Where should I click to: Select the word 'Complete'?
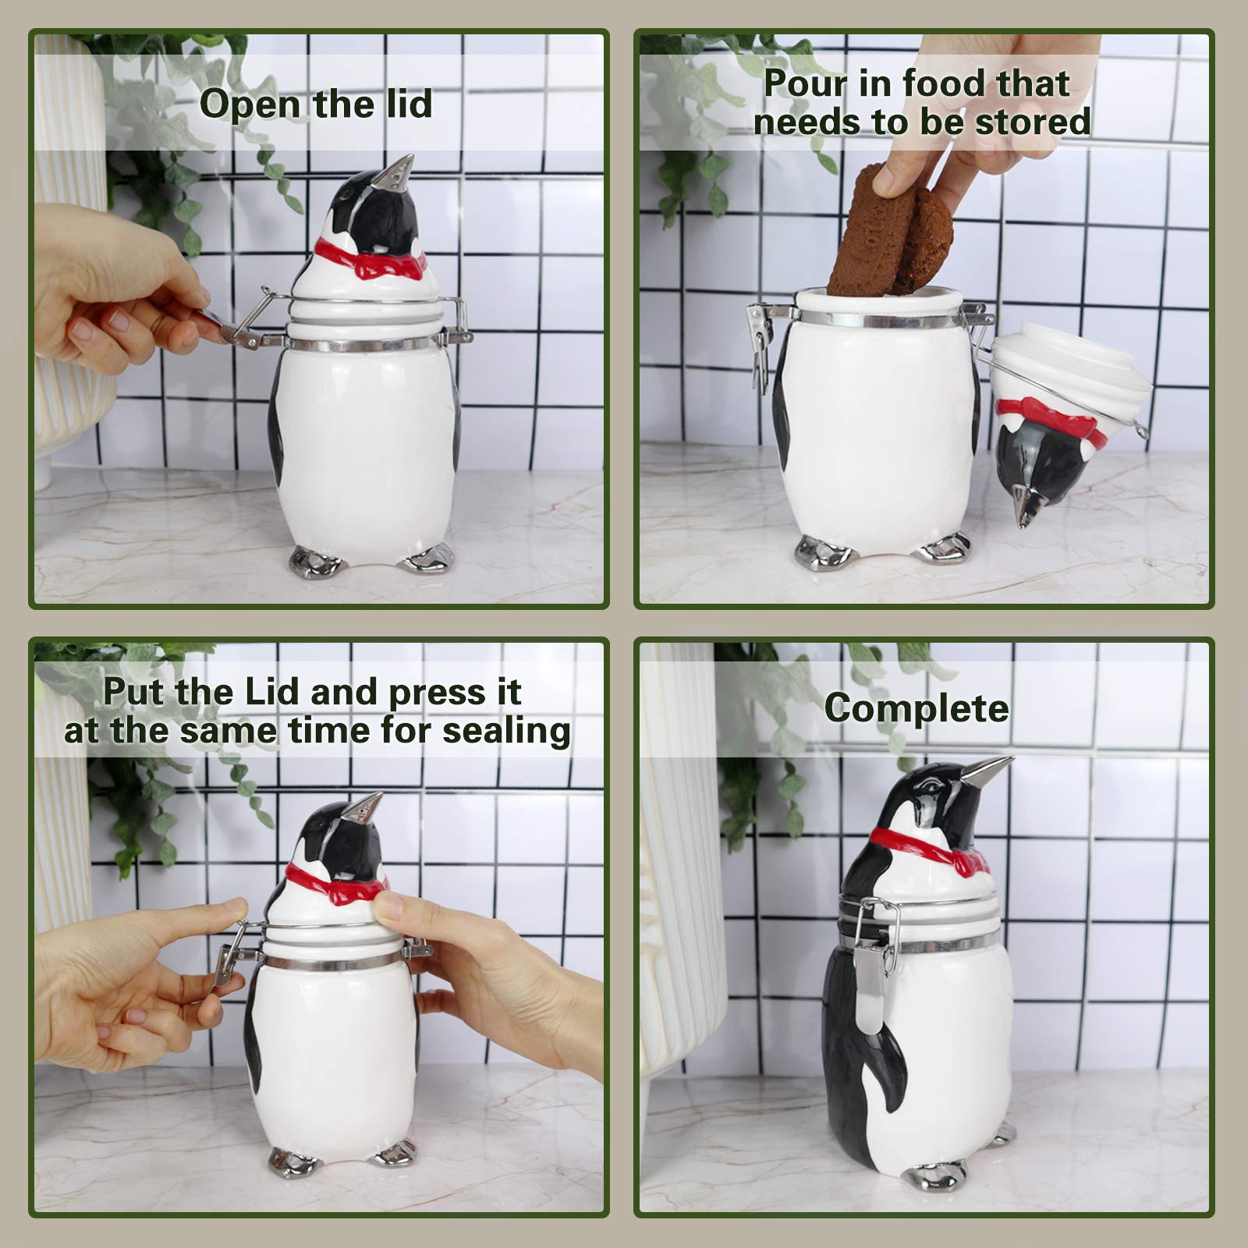[916, 708]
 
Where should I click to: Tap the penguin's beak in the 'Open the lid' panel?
[399, 171]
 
